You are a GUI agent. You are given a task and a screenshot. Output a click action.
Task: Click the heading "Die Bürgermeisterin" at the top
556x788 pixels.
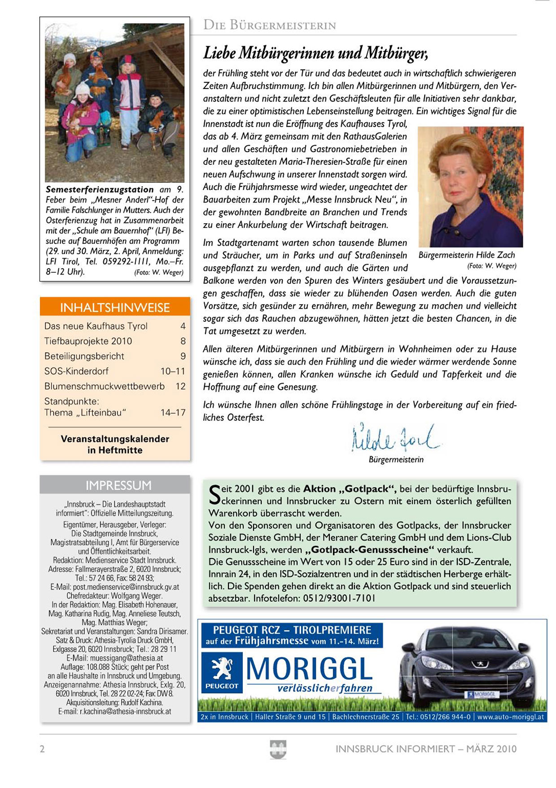pyautogui.click(x=270, y=25)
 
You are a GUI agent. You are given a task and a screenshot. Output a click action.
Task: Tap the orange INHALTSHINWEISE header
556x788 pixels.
pyautogui.click(x=115, y=307)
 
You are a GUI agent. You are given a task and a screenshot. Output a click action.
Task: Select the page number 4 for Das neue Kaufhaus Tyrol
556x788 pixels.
pyautogui.click(x=183, y=326)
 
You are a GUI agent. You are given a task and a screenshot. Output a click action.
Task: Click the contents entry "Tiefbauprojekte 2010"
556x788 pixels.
pyautogui.click(x=88, y=341)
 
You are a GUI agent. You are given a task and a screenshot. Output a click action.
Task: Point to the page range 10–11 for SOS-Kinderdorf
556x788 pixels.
pyautogui.click(x=173, y=371)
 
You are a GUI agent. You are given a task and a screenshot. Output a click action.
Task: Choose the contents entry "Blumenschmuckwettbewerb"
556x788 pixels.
pyautogui.click(x=104, y=386)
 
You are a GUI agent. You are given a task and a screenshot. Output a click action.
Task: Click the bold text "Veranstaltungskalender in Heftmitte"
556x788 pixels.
pyautogui.click(x=115, y=444)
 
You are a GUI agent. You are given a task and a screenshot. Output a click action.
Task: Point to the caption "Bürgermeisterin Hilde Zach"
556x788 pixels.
pyautogui.click(x=467, y=255)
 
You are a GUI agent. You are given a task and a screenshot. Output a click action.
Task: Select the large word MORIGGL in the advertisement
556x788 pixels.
pyautogui.click(x=309, y=668)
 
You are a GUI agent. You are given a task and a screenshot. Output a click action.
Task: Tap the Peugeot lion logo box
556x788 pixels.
pyautogui.click(x=222, y=672)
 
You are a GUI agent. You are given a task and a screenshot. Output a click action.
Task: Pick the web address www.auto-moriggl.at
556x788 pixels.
pyautogui.click(x=510, y=717)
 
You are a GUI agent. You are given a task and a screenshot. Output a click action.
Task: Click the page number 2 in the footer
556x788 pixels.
pyautogui.click(x=43, y=749)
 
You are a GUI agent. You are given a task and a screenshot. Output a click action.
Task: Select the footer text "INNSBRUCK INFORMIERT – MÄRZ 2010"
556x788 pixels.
pyautogui.click(x=426, y=749)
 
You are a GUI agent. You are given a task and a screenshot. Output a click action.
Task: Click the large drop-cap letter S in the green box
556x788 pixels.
pyautogui.click(x=215, y=494)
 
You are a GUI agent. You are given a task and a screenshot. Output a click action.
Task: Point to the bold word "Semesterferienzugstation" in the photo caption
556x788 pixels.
pyautogui.click(x=100, y=190)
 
